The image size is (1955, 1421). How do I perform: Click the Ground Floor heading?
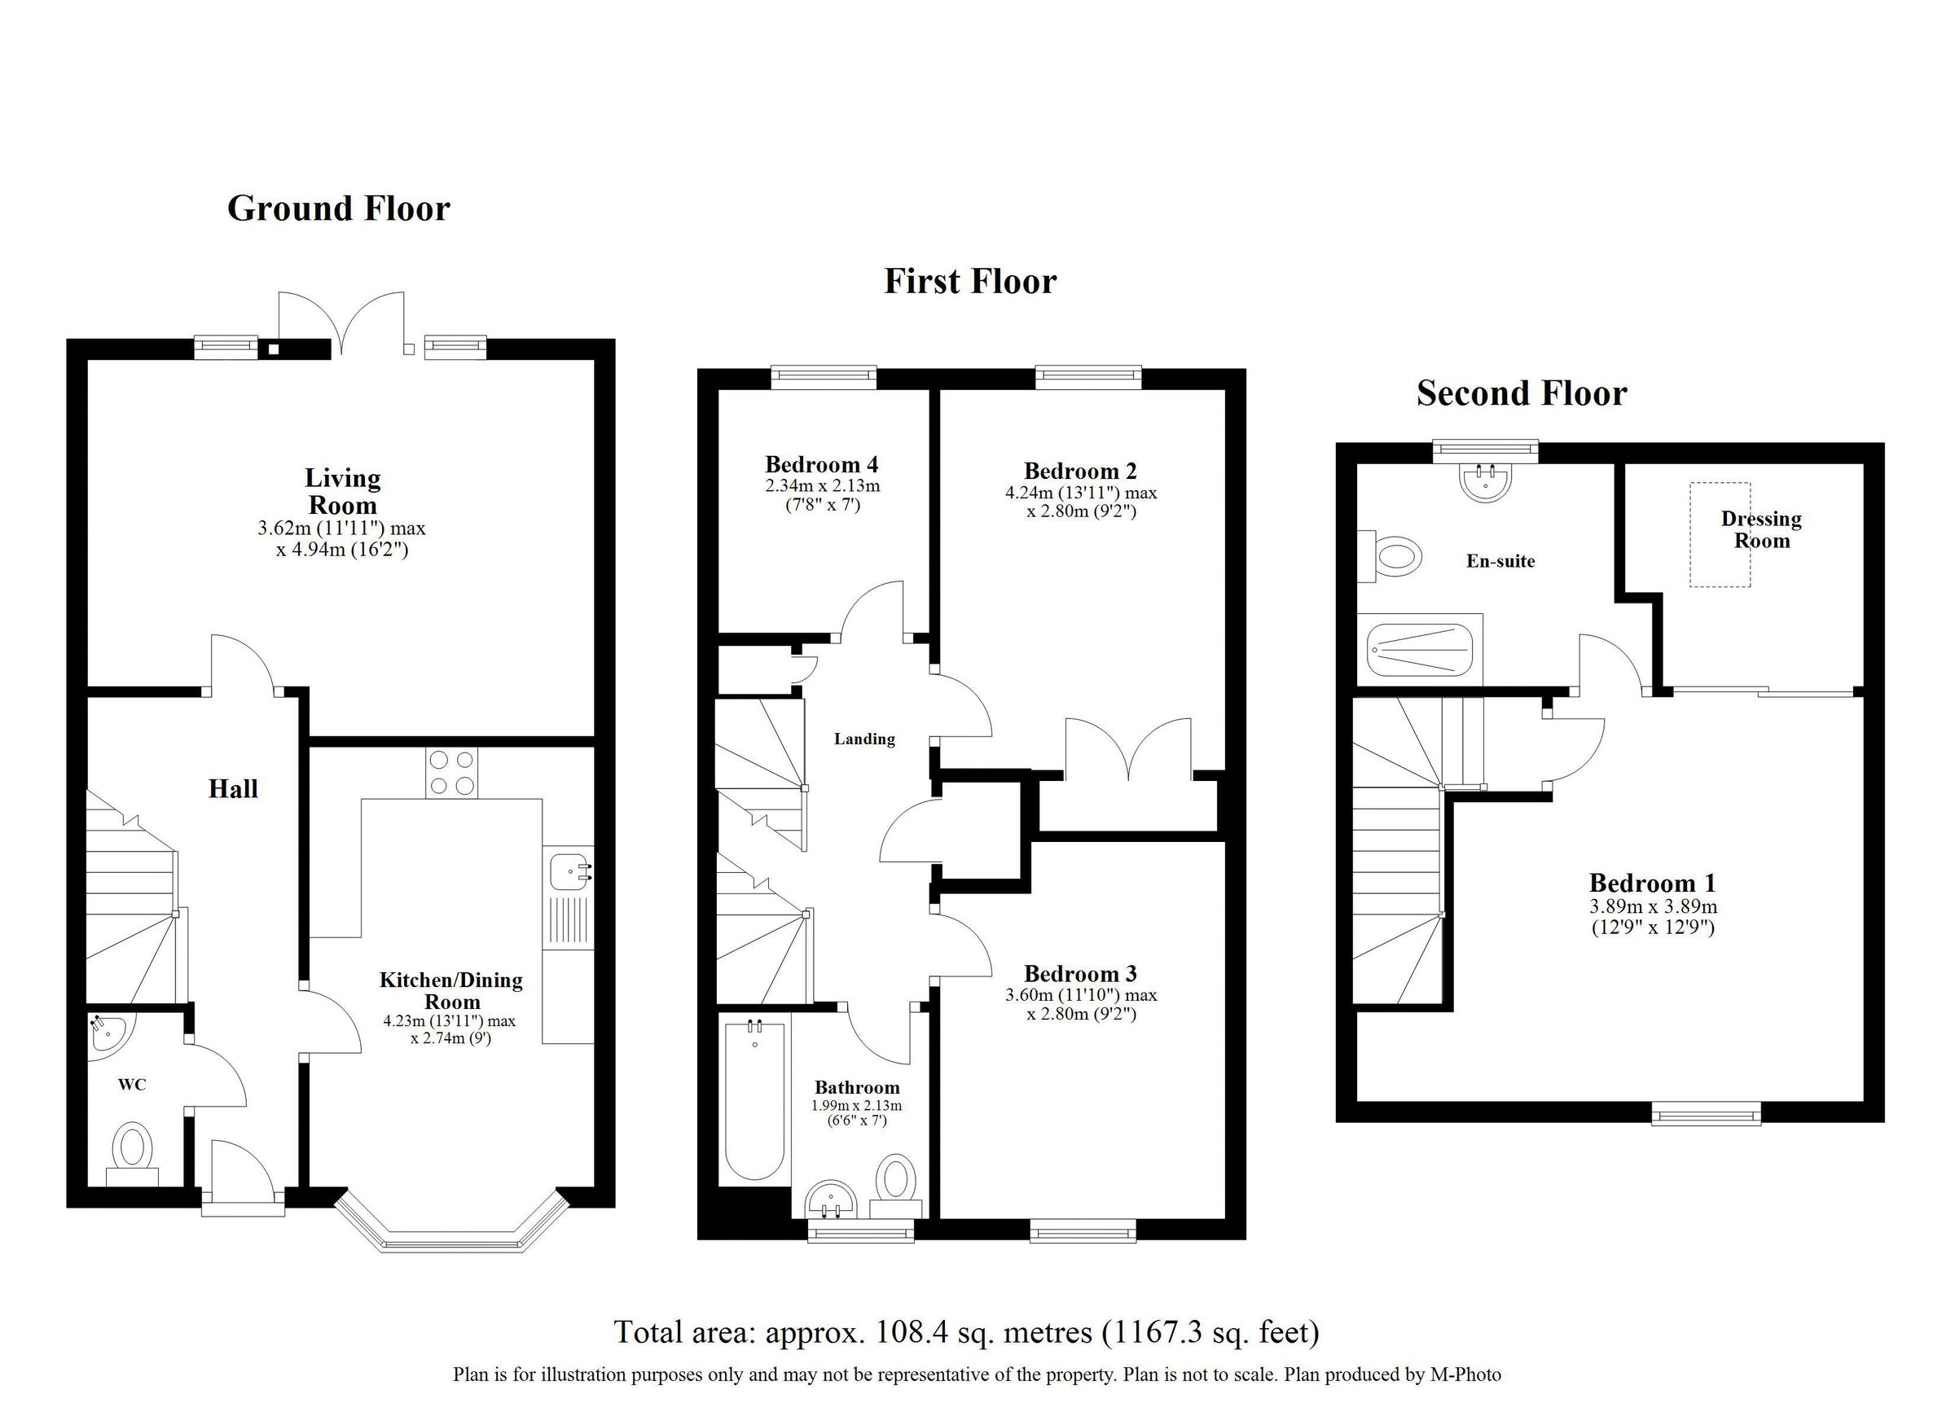tap(338, 208)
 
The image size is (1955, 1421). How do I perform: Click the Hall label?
tap(233, 788)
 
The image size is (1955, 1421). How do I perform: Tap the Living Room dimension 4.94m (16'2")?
tap(342, 549)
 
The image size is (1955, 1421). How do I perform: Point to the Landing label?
tap(863, 739)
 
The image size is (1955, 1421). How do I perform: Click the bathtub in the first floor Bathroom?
tap(754, 1100)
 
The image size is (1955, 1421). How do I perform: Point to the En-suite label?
tap(1500, 561)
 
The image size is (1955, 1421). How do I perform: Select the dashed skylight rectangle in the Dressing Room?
tap(1719, 534)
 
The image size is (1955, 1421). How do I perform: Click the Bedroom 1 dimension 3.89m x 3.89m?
tap(1653, 906)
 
